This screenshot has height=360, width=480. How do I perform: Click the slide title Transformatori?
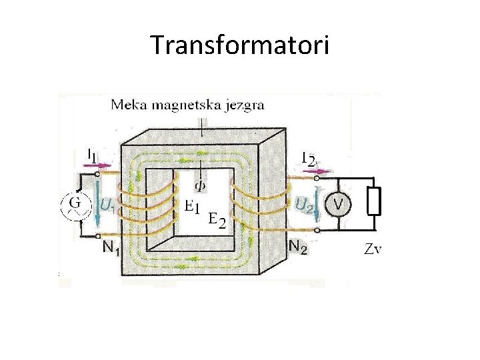pos(240,45)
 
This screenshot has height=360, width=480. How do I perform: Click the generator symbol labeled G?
pos(77,203)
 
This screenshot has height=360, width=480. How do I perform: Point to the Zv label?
pos(373,249)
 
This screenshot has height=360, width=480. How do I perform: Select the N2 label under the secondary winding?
pos(298,247)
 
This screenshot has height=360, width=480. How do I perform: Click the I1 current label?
pos(91,154)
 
